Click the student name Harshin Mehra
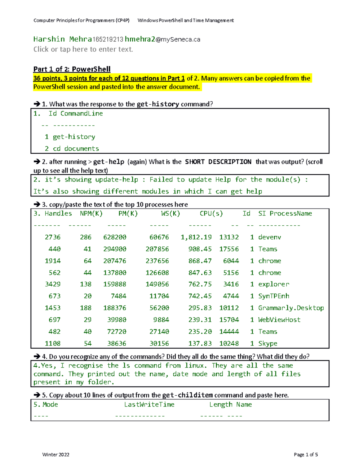62,39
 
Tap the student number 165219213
108,40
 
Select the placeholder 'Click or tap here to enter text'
83,50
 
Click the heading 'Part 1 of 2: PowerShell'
72,69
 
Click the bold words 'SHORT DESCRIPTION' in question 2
218,162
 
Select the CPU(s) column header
211,214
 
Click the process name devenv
269,237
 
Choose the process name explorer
274,284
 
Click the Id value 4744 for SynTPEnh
231,296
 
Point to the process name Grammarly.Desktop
291,308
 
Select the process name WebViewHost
279,320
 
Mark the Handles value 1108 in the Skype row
52,344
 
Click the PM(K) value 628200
115,237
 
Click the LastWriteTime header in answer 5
149,404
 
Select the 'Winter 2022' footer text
56,455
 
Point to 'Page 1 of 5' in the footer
306,455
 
